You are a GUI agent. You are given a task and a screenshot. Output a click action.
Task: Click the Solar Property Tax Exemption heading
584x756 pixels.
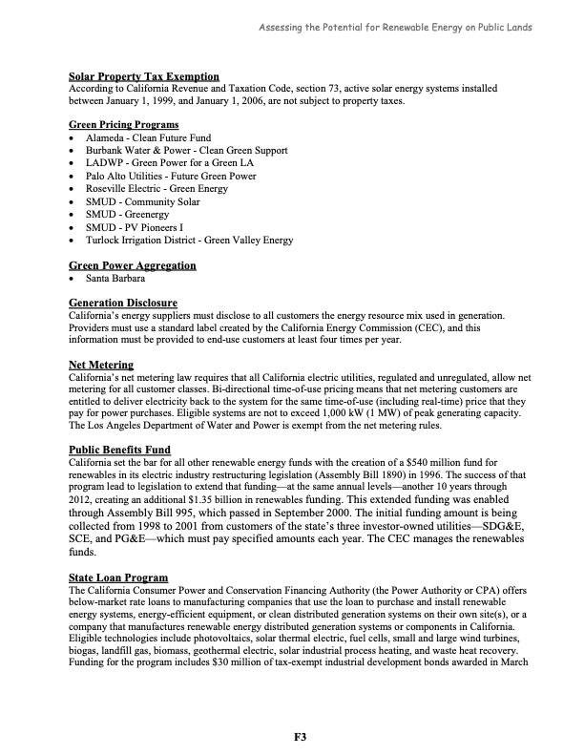[144, 76]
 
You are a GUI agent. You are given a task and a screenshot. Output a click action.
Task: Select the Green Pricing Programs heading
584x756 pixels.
[123, 125]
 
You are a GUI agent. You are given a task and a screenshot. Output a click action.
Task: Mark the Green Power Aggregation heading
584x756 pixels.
[133, 265]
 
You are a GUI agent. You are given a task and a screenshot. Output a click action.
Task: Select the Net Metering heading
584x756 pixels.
[101, 366]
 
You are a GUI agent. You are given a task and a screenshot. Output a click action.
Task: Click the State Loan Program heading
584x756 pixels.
[118, 577]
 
